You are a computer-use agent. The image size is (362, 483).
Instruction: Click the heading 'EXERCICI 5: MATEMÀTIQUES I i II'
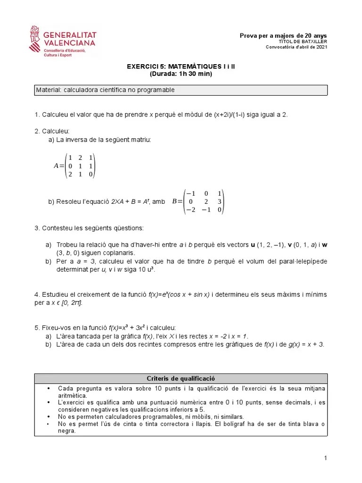[181, 67]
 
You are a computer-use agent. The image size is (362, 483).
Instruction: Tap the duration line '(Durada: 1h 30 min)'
[181, 74]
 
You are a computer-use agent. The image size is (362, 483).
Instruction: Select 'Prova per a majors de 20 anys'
[283, 36]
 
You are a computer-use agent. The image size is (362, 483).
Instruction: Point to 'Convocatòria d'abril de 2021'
[296, 47]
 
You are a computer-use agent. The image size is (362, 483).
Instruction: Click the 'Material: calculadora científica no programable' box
[181, 90]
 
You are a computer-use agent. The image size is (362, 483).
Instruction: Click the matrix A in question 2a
[75, 166]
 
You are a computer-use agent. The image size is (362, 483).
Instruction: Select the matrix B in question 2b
[198, 201]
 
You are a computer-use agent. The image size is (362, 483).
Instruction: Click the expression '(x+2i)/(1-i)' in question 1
[237, 115]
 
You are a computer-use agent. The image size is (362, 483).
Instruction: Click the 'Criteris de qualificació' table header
[181, 378]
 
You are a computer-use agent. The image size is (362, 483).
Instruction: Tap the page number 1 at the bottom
[325, 458]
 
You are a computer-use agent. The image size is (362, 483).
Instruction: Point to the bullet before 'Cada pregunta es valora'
[49, 388]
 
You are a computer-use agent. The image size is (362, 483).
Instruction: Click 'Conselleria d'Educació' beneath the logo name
[64, 50]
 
